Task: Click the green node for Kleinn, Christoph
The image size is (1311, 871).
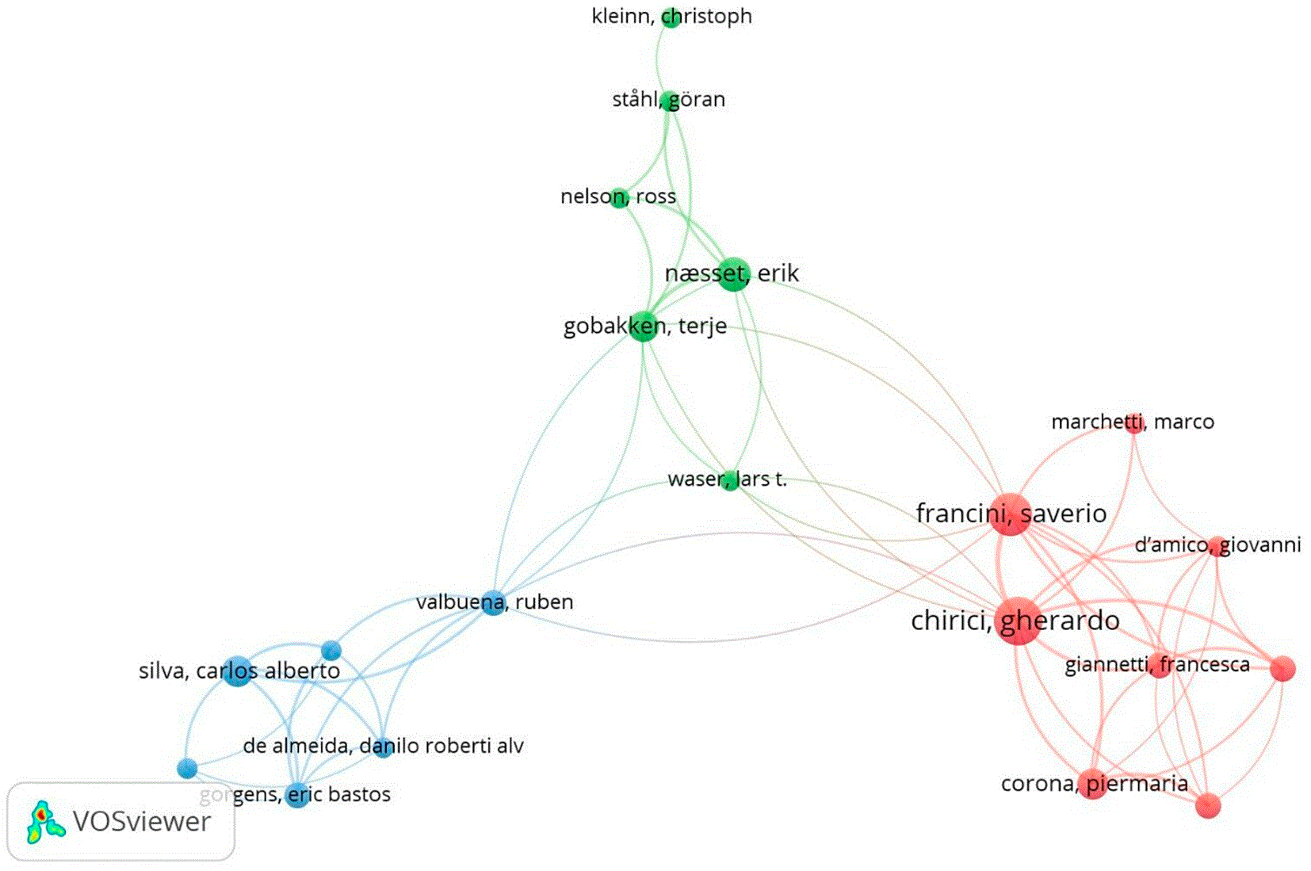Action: click(x=671, y=17)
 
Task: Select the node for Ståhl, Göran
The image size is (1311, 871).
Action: click(x=670, y=101)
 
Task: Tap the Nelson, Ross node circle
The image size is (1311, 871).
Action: click(x=618, y=198)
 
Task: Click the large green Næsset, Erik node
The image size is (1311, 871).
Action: click(x=733, y=274)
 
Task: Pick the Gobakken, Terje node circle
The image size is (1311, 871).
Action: click(x=643, y=326)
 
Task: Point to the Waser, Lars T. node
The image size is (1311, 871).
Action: click(x=731, y=480)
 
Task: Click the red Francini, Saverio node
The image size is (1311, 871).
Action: click(x=1010, y=514)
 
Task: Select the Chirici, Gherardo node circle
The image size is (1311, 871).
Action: click(x=1019, y=621)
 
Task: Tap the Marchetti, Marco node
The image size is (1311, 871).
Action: click(x=1133, y=422)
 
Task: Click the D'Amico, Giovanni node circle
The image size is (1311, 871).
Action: click(x=1217, y=546)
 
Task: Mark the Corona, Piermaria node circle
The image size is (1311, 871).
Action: click(x=1093, y=784)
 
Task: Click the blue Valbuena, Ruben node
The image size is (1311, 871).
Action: click(x=493, y=602)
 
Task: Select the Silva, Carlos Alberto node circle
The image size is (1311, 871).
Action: click(x=238, y=670)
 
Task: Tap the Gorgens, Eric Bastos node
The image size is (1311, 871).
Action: click(x=297, y=795)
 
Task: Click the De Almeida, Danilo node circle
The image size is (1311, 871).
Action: click(x=383, y=747)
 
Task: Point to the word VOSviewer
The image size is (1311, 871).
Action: click(x=142, y=821)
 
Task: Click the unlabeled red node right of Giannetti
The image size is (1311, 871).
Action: click(x=1282, y=668)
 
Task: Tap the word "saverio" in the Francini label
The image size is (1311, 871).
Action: click(x=1064, y=514)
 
